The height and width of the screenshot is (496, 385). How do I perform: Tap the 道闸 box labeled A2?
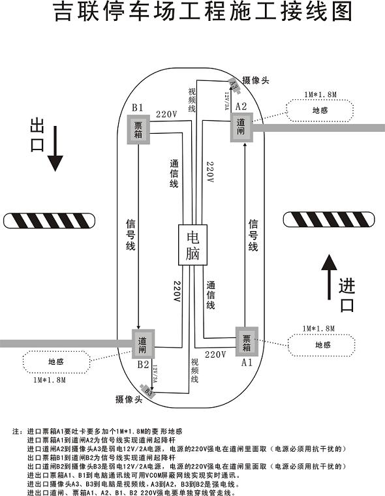tap(241, 126)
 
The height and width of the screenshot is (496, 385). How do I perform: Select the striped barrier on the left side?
tap(49, 221)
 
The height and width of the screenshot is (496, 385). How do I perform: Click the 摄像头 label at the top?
tap(255, 80)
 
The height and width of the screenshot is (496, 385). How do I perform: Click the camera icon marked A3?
tap(233, 83)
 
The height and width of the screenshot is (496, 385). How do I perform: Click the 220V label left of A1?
tap(215, 354)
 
